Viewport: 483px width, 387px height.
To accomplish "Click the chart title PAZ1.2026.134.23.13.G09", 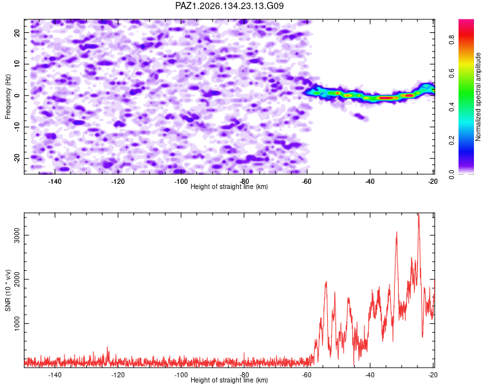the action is pyautogui.click(x=229, y=6).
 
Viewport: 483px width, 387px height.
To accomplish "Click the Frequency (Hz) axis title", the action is pyautogui.click(x=8, y=97).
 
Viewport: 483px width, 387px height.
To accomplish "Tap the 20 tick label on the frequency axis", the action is pyautogui.click(x=17, y=33).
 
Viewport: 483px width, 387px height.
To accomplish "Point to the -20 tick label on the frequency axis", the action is pyautogui.click(x=17, y=158).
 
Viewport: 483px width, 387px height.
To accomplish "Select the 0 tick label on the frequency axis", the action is pyautogui.click(x=17, y=95).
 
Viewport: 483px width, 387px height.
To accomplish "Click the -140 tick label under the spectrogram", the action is pyautogui.click(x=55, y=181).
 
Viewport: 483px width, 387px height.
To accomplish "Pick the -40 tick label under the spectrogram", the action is pyautogui.click(x=370, y=181).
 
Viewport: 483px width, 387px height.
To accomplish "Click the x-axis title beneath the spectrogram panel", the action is pyautogui.click(x=229, y=186).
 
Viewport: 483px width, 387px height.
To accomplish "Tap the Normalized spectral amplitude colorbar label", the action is pyautogui.click(x=478, y=97).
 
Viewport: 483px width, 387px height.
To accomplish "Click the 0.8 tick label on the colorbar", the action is pyautogui.click(x=451, y=40).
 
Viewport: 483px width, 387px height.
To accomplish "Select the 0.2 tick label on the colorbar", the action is pyautogui.click(x=451, y=140).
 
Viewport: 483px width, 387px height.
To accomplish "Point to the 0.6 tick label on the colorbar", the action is pyautogui.click(x=451, y=73).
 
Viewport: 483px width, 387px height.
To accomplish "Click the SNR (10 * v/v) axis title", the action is pyautogui.click(x=8, y=290).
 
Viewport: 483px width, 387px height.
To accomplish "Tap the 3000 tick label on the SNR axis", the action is pyautogui.click(x=17, y=235).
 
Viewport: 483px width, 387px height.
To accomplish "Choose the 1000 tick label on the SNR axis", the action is pyautogui.click(x=17, y=323).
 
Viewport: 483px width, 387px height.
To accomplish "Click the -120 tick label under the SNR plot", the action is pyautogui.click(x=118, y=375).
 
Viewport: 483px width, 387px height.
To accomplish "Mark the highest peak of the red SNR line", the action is pyautogui.click(x=419, y=214).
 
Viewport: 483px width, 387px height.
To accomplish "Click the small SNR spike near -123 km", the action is pyautogui.click(x=108, y=348).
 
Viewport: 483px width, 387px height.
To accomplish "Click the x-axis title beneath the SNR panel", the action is pyautogui.click(x=229, y=380).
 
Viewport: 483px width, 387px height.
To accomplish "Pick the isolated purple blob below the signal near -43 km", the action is pyautogui.click(x=361, y=117).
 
